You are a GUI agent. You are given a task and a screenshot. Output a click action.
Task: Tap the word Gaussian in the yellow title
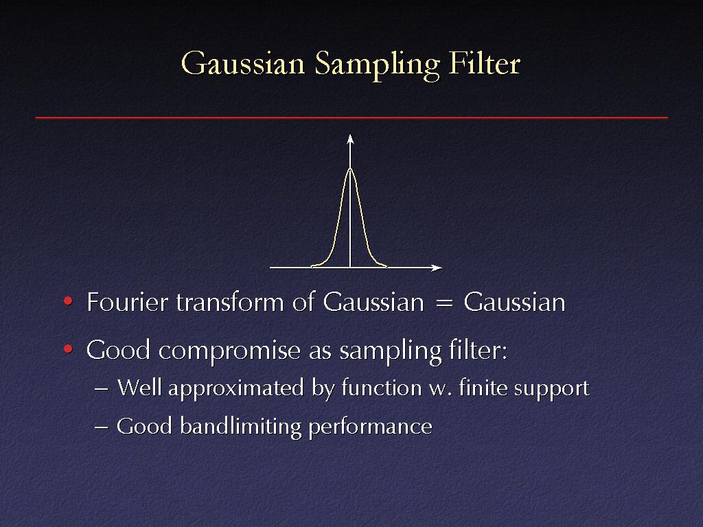[243, 62]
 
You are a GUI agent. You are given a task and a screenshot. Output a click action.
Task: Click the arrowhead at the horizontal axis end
[436, 268]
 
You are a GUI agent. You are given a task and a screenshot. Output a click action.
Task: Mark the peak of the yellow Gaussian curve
[350, 168]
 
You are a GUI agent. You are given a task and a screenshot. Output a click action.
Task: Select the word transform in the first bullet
[230, 303]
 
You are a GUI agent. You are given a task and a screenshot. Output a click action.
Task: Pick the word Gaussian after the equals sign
[514, 302]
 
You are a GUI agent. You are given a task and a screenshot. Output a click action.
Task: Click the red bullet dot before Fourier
[68, 301]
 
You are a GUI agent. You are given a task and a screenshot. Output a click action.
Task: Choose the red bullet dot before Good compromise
[68, 349]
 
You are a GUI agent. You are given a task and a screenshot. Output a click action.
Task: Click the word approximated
[236, 388]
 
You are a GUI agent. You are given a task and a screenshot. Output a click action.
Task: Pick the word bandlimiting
[241, 426]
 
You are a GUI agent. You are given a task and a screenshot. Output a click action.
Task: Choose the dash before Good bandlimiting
[102, 428]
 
